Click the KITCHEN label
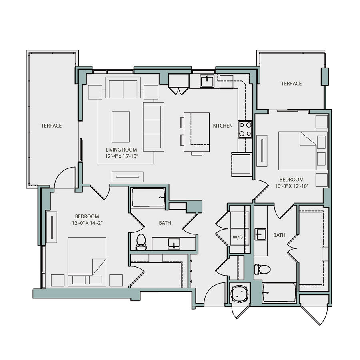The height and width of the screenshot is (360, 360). [x=222, y=126]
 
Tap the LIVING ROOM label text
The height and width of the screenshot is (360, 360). [x=121, y=150]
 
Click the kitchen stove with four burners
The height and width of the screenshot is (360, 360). [x=245, y=129]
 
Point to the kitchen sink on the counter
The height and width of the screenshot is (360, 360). [x=207, y=81]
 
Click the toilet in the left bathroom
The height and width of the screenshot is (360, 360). [x=141, y=241]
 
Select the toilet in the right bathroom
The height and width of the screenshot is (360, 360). [x=262, y=270]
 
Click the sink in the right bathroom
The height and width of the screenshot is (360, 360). [x=260, y=234]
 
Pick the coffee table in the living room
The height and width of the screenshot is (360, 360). [x=120, y=127]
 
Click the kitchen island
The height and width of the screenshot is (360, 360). [x=196, y=132]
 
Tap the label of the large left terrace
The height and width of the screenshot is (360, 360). [x=51, y=126]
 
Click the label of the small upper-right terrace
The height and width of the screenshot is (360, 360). [x=291, y=84]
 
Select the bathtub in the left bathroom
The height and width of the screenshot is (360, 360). [x=148, y=198]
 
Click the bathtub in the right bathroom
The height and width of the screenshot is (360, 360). [x=279, y=294]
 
